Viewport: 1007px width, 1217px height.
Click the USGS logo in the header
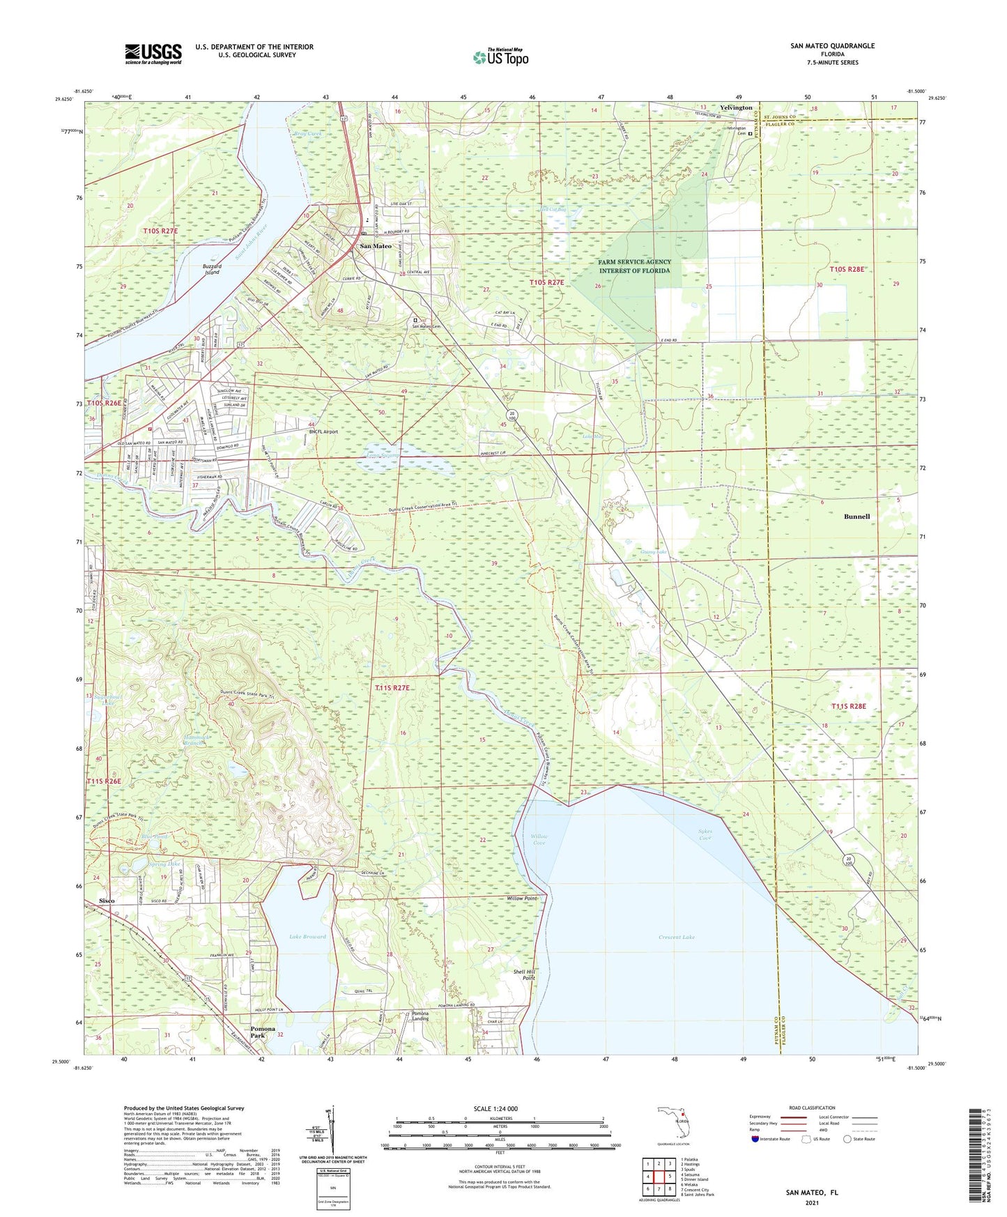point(153,54)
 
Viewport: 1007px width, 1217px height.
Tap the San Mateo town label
point(375,246)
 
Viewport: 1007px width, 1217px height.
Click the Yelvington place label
point(736,108)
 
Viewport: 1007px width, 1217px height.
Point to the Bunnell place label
point(856,516)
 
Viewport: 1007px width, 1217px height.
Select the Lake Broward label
point(307,936)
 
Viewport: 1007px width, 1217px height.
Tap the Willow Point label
point(522,898)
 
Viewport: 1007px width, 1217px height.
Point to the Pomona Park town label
point(263,1032)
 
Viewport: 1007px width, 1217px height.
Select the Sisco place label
point(107,901)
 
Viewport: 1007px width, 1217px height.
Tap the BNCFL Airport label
point(323,431)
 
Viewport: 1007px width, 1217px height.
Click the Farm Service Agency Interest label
point(634,266)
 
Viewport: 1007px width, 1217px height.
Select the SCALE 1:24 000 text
point(495,1108)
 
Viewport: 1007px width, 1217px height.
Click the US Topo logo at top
point(500,57)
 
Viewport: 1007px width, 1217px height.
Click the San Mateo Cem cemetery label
point(426,326)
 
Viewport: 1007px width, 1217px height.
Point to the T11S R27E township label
point(392,688)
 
